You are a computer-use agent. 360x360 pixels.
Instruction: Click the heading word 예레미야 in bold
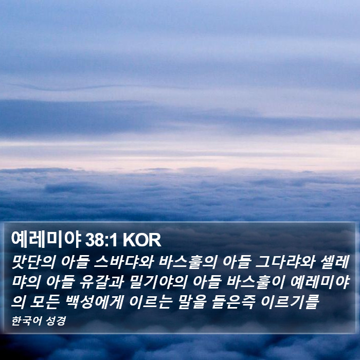point(46,240)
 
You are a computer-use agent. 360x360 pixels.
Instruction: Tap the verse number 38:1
point(101,240)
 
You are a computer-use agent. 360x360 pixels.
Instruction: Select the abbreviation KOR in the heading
point(142,240)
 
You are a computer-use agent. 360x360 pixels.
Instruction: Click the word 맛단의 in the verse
point(33,262)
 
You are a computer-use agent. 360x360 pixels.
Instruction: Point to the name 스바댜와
point(124,262)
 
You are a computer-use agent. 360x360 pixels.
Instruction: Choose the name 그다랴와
point(285,262)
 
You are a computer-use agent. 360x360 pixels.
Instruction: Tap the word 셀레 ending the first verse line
point(334,262)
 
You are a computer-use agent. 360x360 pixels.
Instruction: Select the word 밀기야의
point(158,282)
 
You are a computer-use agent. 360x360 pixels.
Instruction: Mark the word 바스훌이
point(256,282)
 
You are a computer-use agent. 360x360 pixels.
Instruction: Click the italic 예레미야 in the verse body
point(320,282)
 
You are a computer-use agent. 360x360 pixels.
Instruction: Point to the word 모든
point(45,301)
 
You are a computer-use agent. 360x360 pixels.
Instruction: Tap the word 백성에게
point(95,301)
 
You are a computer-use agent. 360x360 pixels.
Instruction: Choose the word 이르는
point(151,301)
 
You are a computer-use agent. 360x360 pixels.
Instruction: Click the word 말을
point(192,301)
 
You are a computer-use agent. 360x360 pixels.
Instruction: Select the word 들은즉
point(233,301)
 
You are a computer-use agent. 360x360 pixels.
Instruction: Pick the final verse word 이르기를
point(290,301)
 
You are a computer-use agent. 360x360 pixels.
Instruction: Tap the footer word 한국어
point(26,321)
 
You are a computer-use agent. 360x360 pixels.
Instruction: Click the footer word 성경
point(56,321)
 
